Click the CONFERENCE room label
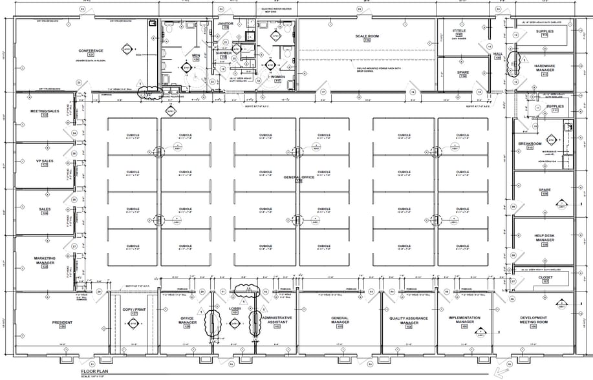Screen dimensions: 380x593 [91, 50]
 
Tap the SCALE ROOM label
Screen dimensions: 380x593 [371, 36]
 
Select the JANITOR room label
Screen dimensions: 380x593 [225, 23]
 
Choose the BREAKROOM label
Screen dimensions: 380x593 [530, 143]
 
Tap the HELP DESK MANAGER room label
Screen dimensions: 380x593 [544, 238]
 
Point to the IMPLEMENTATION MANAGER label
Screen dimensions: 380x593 [464, 320]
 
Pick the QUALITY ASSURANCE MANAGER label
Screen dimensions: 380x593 [409, 321]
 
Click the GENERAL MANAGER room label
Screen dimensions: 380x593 [340, 321]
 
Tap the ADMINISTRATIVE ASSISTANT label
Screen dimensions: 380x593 [277, 321]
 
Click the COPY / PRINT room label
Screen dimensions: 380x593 [134, 310]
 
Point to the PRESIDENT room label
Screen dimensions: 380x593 [62, 323]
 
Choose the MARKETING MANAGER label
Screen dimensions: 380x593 [45, 261]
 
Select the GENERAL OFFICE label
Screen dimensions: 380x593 [299, 177]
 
